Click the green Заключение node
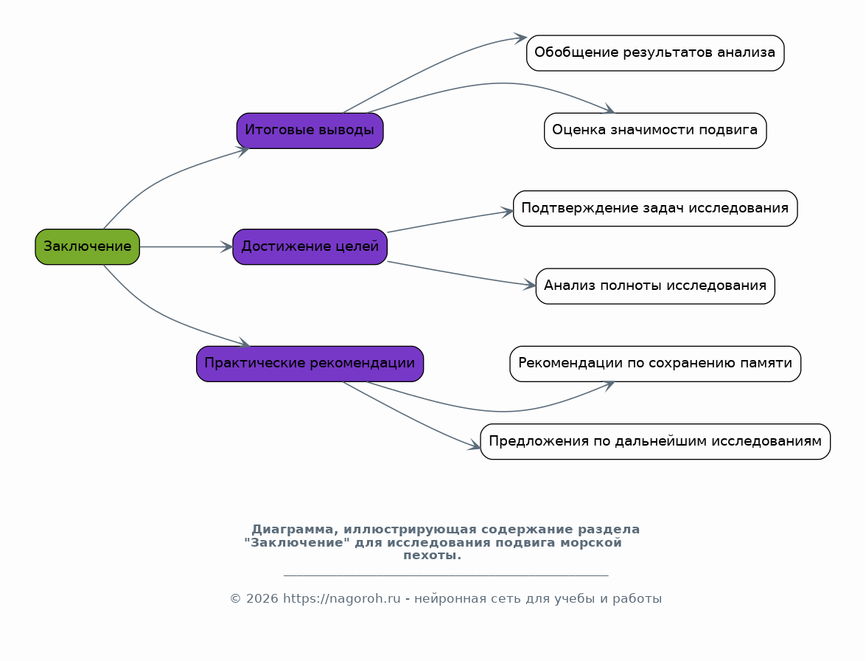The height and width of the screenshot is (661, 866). pos(87,246)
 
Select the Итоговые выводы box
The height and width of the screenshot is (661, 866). pos(310,131)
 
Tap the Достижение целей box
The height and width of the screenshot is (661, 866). pos(310,246)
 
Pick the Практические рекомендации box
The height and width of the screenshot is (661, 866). pos(310,364)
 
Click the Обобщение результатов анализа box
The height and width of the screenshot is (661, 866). pos(655,53)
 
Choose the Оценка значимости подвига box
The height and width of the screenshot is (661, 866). pos(655,131)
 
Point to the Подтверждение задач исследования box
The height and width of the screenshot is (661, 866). pos(655,208)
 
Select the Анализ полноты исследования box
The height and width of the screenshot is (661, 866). pos(655,285)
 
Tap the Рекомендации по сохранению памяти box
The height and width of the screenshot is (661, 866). pos(655,364)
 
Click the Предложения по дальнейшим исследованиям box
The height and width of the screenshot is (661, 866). pos(655,442)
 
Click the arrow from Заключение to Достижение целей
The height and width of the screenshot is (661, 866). pos(186,246)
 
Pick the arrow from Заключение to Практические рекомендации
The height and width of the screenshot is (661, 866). pos(160,315)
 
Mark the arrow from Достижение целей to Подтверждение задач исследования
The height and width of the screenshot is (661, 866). pos(450,221)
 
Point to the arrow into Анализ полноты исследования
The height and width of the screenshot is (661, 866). pos(461,274)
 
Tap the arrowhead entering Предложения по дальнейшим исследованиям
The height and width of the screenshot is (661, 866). pos(475,446)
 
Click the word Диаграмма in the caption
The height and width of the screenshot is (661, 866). pos(293,530)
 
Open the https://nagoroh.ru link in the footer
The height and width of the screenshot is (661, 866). pos(341,598)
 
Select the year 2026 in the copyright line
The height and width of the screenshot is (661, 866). pos(262,598)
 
